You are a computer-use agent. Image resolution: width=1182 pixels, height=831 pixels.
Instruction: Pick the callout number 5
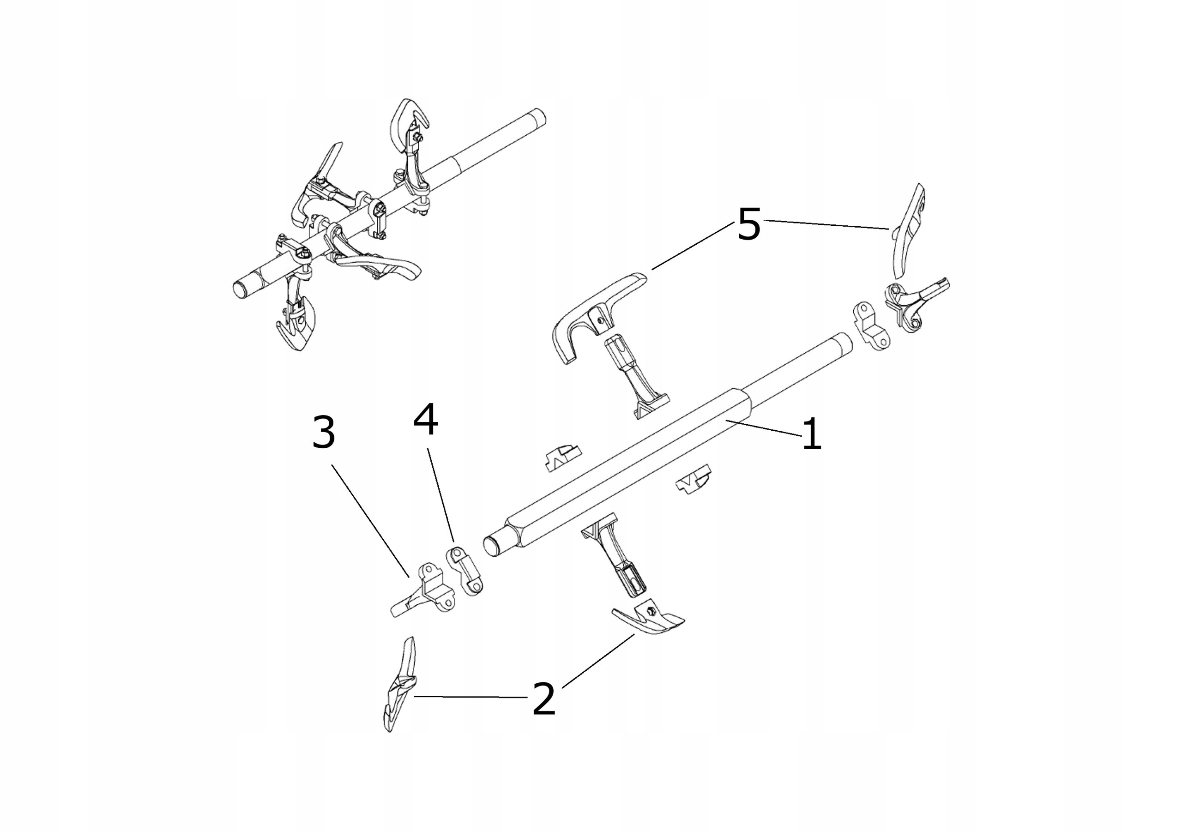tap(748, 224)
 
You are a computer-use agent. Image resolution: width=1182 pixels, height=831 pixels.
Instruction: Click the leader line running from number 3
tap(371, 520)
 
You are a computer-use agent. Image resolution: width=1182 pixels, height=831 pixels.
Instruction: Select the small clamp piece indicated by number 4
tap(464, 572)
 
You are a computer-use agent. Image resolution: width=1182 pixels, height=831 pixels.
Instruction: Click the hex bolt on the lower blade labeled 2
tap(651, 610)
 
